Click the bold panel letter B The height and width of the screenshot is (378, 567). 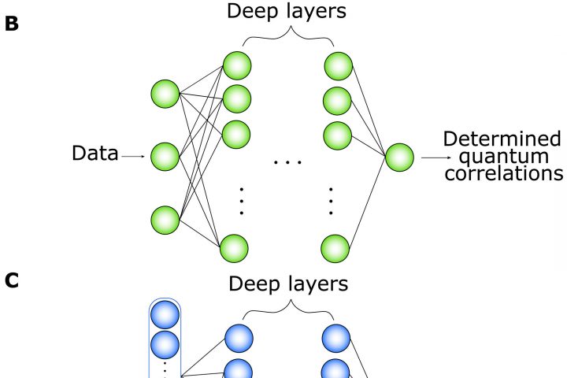coord(11,24)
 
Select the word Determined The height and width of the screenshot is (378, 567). coord(502,139)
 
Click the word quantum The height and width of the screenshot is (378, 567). coord(502,157)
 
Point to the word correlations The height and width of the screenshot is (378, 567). coord(503,172)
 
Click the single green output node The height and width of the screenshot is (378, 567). coord(399,157)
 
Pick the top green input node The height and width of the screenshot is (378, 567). coord(165,94)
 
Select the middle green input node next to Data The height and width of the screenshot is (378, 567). coord(165,157)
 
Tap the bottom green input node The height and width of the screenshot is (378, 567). coord(165,220)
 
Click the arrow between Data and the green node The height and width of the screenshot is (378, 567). coord(133,156)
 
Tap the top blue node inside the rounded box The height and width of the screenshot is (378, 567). coord(165,315)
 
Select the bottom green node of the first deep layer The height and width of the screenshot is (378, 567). coord(235,248)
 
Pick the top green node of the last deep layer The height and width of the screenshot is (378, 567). coord(337,65)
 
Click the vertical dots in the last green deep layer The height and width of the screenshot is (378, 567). coord(332,201)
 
